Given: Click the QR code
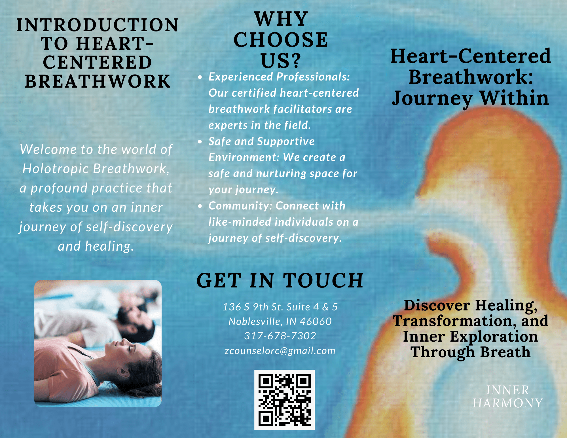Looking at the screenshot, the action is pos(284,400).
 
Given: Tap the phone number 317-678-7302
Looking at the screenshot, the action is pos(280,336).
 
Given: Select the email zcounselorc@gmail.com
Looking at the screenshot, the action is pos(280,351).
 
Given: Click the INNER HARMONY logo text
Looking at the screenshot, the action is pos(507,397).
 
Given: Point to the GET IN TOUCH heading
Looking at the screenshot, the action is pos(280,280).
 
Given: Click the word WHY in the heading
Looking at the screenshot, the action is pos(281,19).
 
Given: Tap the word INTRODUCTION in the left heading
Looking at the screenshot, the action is pos(98,25).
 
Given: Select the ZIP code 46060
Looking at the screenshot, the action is pos(316,321).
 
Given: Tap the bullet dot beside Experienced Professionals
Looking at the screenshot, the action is pos(200,77).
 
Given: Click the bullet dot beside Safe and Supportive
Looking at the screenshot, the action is pos(200,141).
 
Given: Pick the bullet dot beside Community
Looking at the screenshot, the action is pos(200,206).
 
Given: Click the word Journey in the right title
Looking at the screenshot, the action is pos(432,99).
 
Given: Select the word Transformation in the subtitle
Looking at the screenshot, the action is pos(452,321).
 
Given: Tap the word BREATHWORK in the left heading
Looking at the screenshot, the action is pos(98,81).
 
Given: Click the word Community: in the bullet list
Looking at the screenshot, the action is pos(241,206).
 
